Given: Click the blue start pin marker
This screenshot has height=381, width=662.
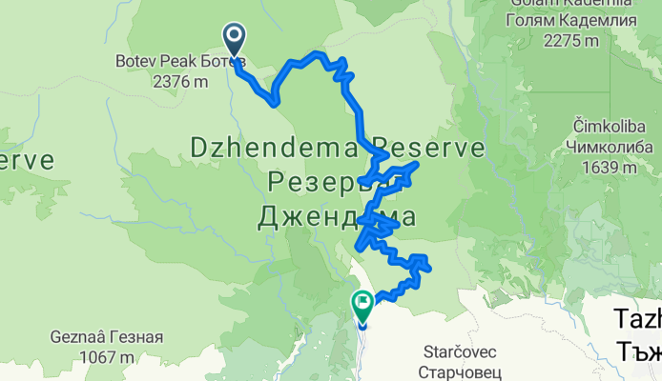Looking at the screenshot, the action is [235, 39].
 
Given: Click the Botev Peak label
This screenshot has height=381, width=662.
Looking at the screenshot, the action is [153, 60].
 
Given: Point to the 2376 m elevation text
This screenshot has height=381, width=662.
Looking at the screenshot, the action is [179, 81].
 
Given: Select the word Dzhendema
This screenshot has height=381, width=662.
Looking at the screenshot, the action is [271, 149].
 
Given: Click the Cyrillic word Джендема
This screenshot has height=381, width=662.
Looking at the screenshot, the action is [337, 217].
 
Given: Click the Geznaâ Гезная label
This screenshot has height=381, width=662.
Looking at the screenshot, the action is [106, 337].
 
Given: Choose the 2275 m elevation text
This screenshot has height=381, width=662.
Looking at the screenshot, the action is [571, 41].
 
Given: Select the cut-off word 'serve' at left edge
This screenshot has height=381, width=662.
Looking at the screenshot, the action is [27, 159].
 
